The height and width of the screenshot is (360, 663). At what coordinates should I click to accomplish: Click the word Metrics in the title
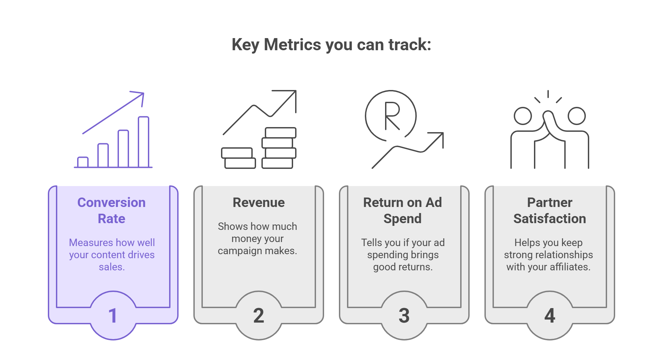pyautogui.click(x=292, y=44)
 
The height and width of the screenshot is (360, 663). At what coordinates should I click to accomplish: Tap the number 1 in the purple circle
pyautogui.click(x=113, y=316)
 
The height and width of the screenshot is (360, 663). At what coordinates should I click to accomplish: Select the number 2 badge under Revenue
pyautogui.click(x=258, y=316)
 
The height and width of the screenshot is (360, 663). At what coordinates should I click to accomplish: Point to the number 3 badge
pyautogui.click(x=404, y=316)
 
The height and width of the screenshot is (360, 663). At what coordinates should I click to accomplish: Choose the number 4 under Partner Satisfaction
pyautogui.click(x=550, y=316)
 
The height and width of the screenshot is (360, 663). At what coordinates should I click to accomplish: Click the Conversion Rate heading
pyautogui.click(x=112, y=210)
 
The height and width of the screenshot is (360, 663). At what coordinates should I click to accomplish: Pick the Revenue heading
pyautogui.click(x=259, y=203)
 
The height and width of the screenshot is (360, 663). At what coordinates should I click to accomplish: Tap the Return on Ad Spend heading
pyautogui.click(x=403, y=210)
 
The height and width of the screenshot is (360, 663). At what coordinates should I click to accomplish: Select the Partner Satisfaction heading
pyautogui.click(x=550, y=210)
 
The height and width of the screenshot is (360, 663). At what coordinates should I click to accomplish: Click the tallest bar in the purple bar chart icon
pyautogui.click(x=144, y=142)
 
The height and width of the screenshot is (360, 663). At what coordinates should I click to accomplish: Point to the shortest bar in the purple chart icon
pyautogui.click(x=83, y=162)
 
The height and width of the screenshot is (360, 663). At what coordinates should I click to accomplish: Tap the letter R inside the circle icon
pyautogui.click(x=392, y=116)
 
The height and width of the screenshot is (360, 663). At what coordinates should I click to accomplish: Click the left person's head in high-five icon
pyautogui.click(x=523, y=116)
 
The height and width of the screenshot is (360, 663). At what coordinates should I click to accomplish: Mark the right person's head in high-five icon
pyautogui.click(x=576, y=116)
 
